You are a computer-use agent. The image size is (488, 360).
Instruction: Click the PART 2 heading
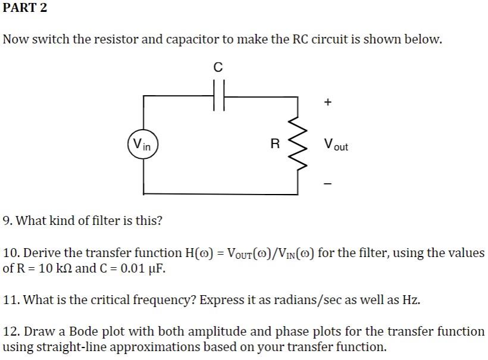pos(25,8)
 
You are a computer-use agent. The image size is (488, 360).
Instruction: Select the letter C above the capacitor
pos(218,68)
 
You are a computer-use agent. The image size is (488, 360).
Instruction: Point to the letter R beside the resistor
pos(274,144)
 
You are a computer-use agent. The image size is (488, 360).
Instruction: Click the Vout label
pos(336,145)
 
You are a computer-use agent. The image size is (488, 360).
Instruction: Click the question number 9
pos(8,221)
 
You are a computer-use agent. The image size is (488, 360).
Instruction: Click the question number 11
pos(11,299)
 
